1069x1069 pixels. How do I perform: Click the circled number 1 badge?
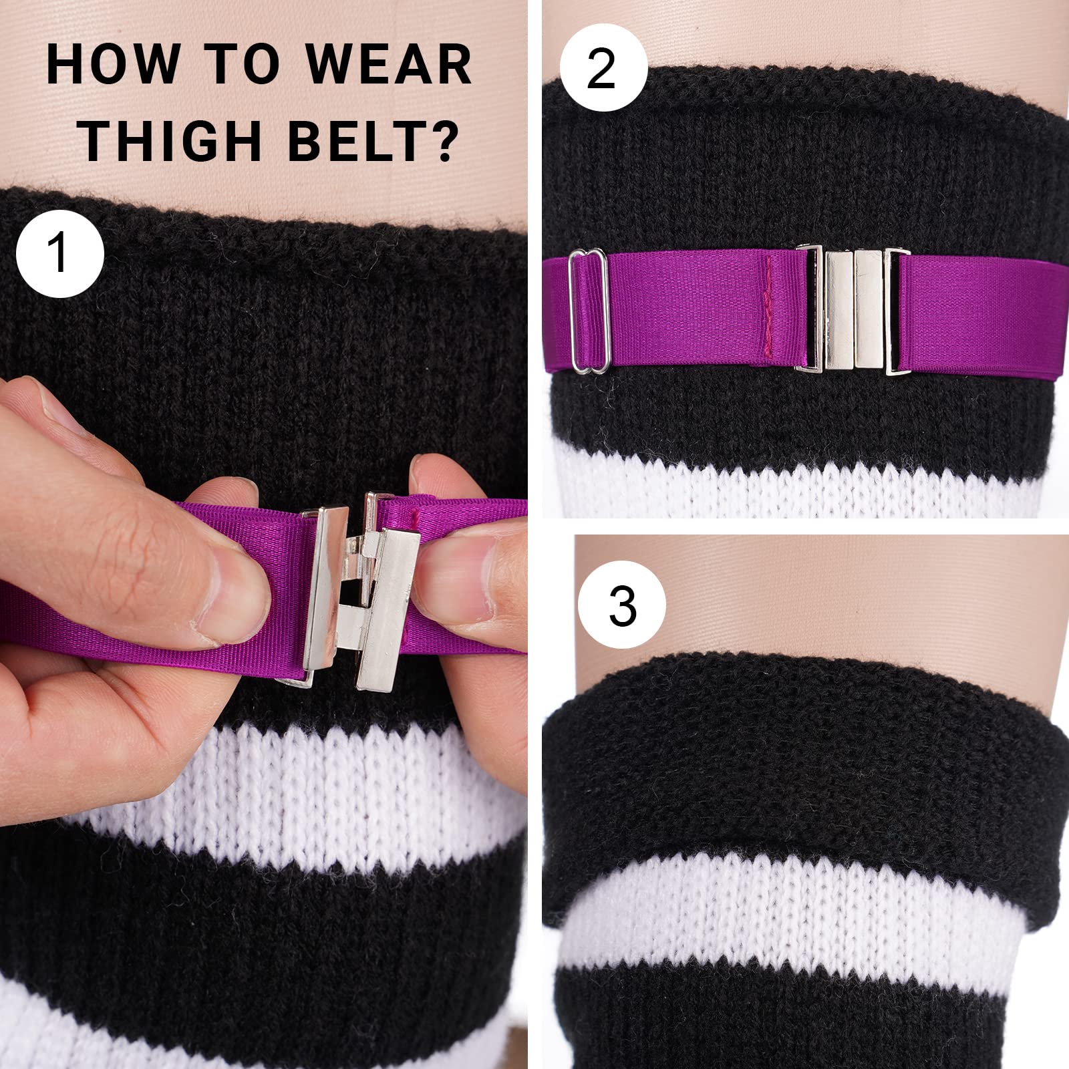(60, 254)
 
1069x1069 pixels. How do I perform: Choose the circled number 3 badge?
(622, 607)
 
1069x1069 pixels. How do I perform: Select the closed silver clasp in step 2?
(853, 309)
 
